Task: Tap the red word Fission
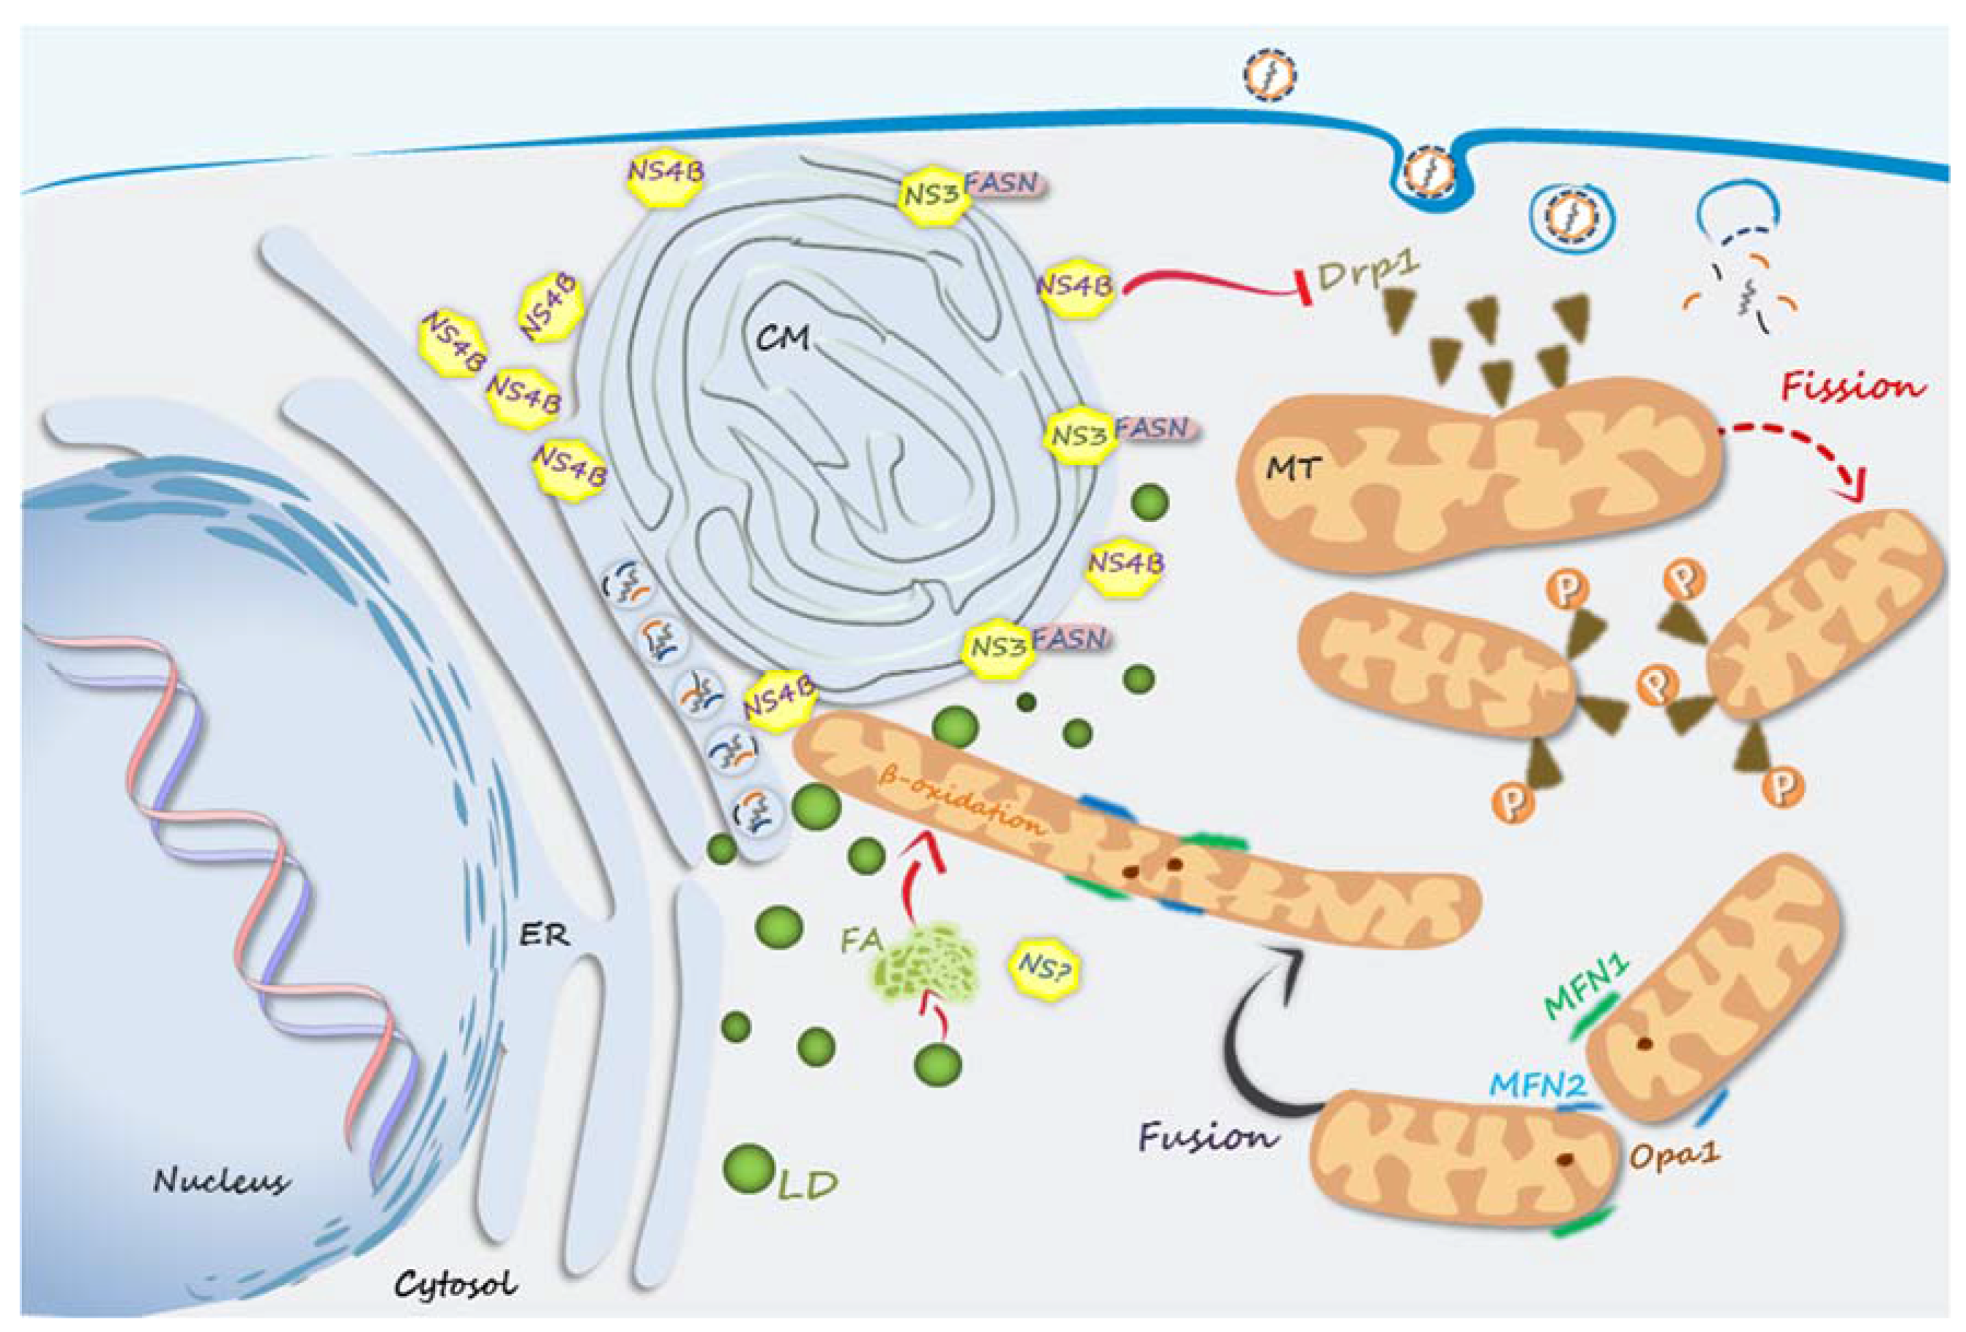point(1853,387)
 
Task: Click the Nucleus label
point(221,1180)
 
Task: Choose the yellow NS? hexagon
point(1046,967)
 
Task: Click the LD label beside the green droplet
point(807,1186)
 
